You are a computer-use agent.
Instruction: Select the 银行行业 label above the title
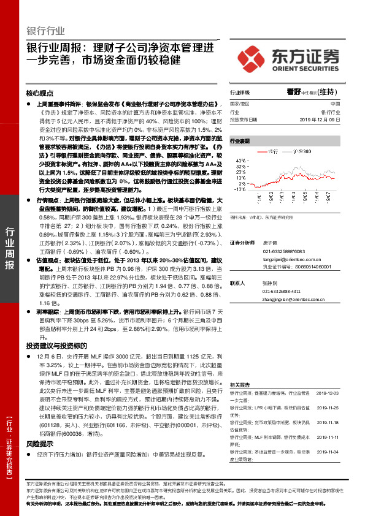point(46,31)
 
